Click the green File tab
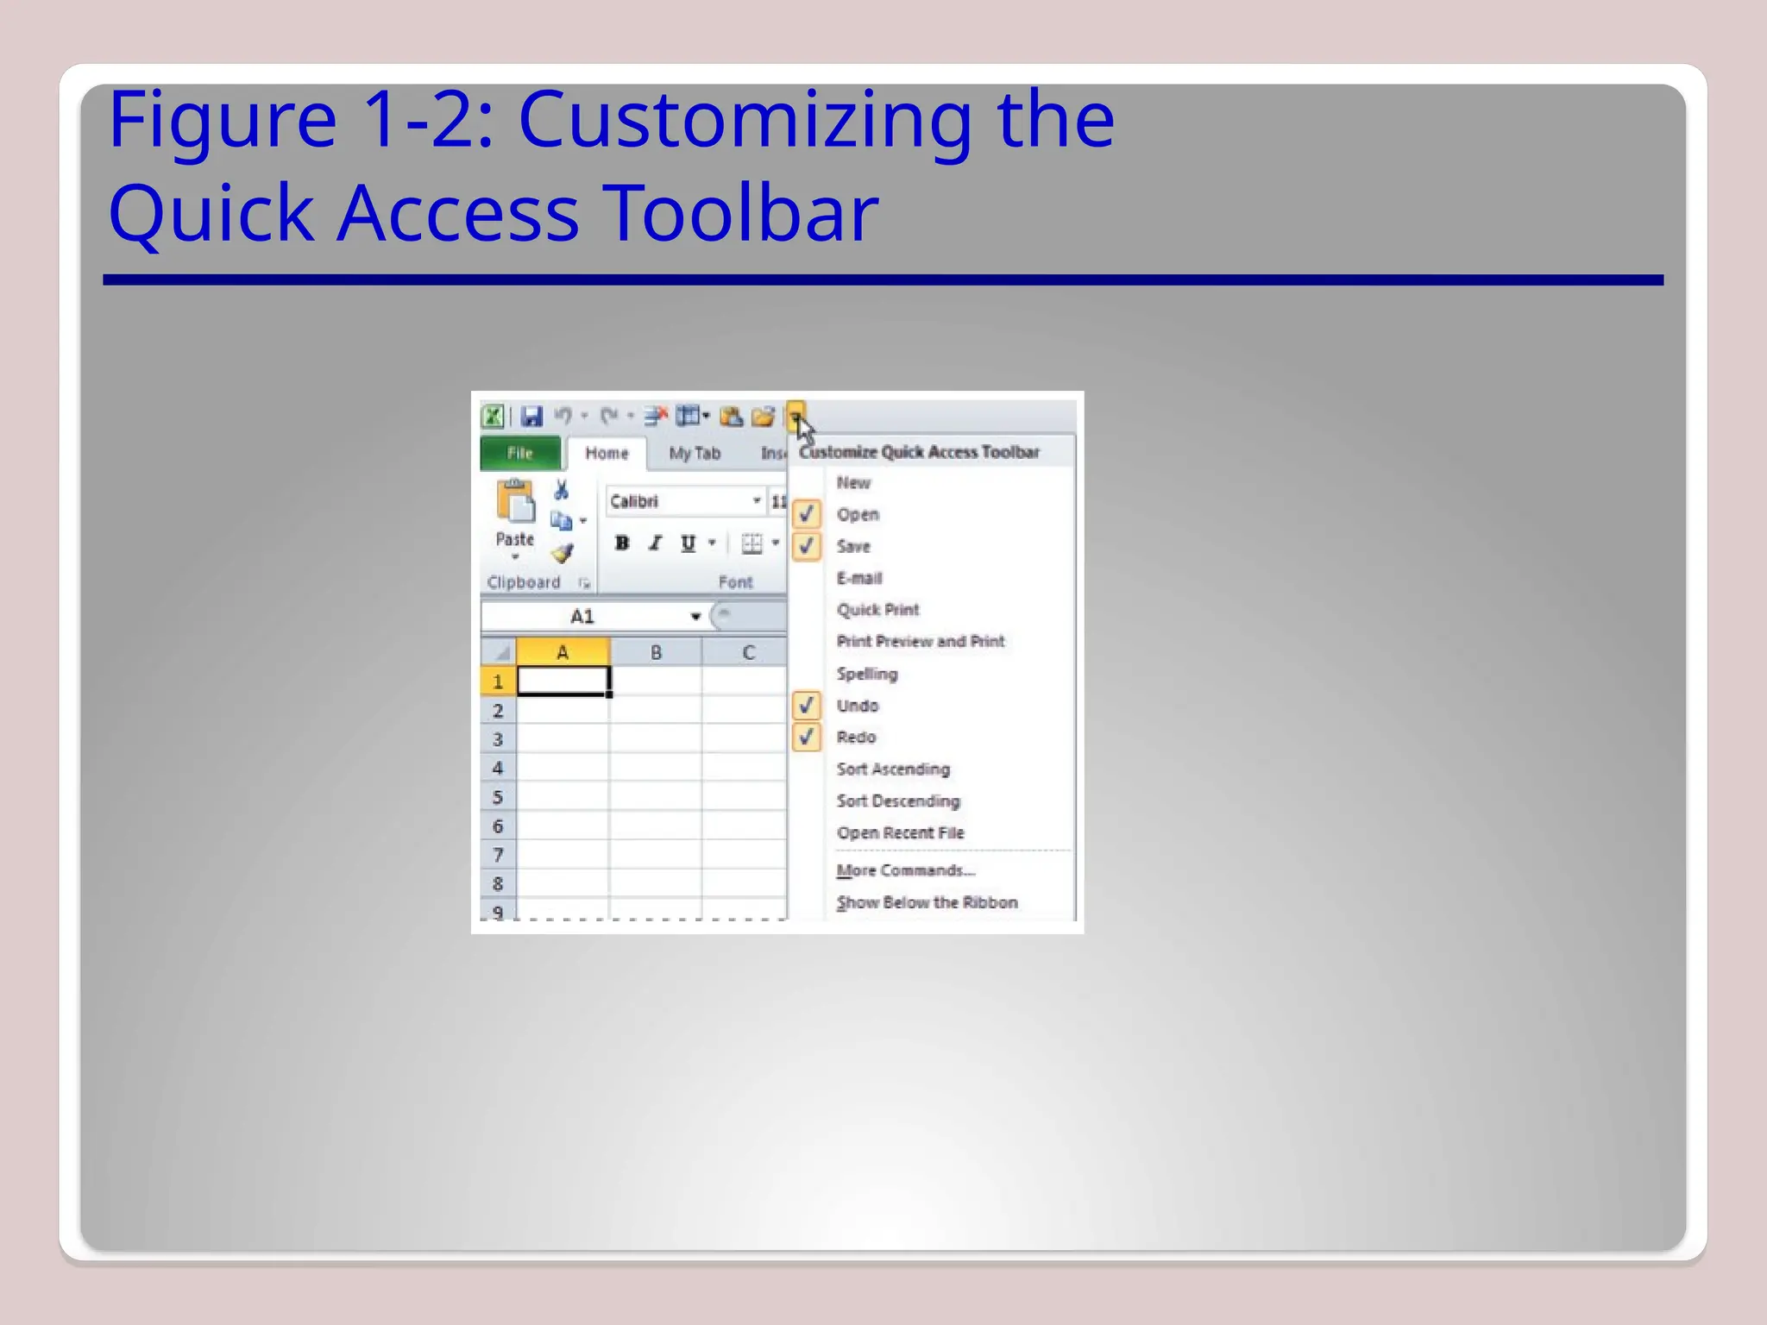tap(519, 453)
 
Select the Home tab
tap(607, 453)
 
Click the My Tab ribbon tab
tap(695, 453)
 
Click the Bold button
tap(622, 543)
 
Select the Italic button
tap(656, 543)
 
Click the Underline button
tap(688, 543)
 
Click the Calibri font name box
tap(677, 501)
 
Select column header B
tap(656, 652)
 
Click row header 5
tap(498, 797)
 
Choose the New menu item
tap(853, 483)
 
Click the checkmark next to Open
tap(807, 514)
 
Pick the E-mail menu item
tap(859, 578)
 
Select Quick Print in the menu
tap(877, 610)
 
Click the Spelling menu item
tap(867, 674)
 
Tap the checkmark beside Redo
tap(807, 738)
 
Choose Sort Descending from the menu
tap(897, 801)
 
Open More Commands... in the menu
tap(905, 870)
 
